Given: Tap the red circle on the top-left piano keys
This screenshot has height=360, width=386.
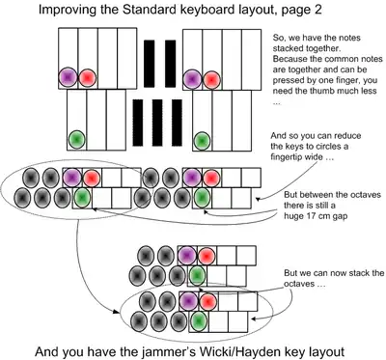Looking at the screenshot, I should point(88,76).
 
